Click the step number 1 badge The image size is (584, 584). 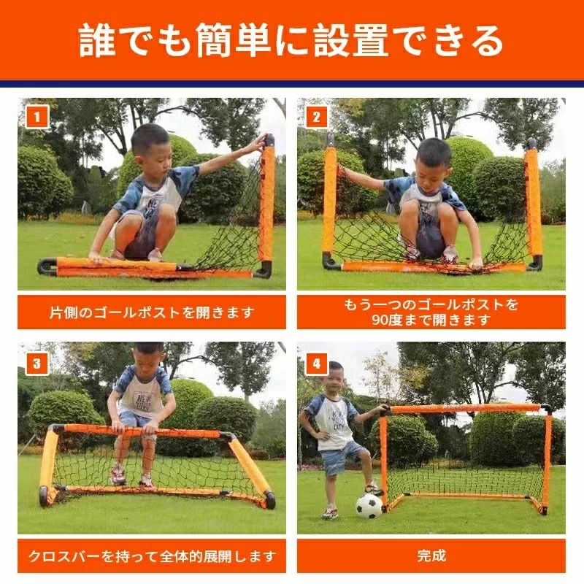pos(37,117)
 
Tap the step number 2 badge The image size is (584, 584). pos(316,117)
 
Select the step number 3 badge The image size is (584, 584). pos(37,363)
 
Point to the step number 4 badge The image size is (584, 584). pos(316,363)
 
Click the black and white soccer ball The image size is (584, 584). pos(369,505)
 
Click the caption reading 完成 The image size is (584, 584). pos(431,556)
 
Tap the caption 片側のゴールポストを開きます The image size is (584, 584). pos(152,312)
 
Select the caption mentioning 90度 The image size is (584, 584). pos(431,312)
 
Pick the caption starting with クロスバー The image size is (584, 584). pos(152,556)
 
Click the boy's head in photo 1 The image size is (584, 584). pos(151,144)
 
